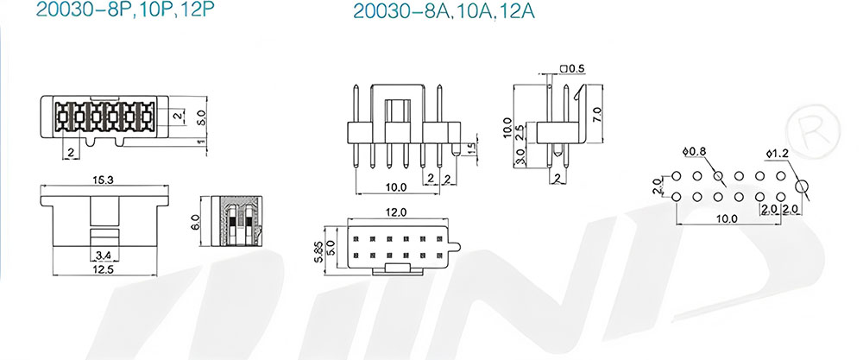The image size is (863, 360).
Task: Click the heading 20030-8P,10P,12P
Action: pyautogui.click(x=124, y=9)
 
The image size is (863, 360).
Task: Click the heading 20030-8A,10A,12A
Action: pyautogui.click(x=444, y=11)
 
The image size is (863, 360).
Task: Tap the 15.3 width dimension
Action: pyautogui.click(x=104, y=180)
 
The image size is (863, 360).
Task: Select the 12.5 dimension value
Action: pyautogui.click(x=104, y=269)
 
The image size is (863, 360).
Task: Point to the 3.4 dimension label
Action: pyautogui.click(x=104, y=255)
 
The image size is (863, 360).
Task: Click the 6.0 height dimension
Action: pyautogui.click(x=196, y=223)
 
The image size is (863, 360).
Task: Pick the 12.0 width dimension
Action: pyautogui.click(x=395, y=212)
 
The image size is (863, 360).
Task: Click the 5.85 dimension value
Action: pyautogui.click(x=318, y=250)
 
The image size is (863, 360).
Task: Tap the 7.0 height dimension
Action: pyautogui.click(x=597, y=117)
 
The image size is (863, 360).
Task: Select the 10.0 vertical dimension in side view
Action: pyautogui.click(x=507, y=128)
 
